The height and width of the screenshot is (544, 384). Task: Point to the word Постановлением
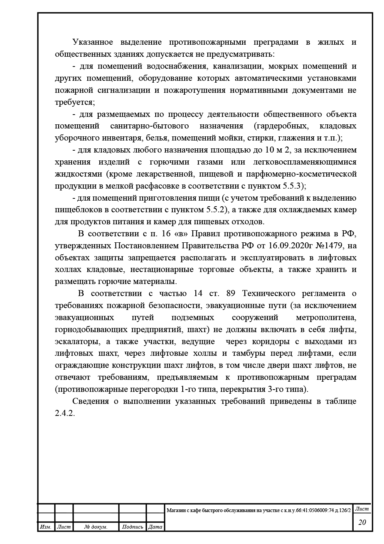pos(154,246)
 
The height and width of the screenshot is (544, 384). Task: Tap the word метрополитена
pos(326,317)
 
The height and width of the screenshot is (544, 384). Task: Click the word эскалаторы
pos(77,342)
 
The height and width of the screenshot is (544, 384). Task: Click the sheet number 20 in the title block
pos(362,522)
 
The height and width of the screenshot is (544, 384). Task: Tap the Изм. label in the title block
pos(46,527)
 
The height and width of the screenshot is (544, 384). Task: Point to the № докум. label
pos(96,527)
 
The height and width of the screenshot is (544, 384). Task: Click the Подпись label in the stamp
pos(133,527)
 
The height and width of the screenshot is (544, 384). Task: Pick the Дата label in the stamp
pos(155,527)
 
